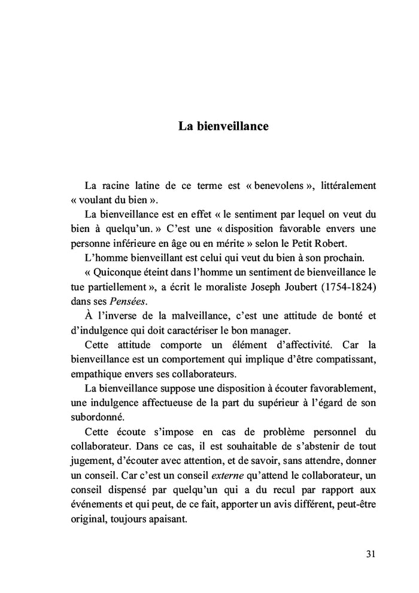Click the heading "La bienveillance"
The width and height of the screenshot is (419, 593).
click(223, 127)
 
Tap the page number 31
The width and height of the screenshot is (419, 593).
click(371, 554)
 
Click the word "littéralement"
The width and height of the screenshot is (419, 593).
click(349, 186)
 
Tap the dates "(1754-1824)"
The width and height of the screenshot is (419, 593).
click(351, 286)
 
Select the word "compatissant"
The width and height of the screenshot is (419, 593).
click(347, 359)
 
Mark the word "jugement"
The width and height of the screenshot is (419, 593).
click(89, 460)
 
